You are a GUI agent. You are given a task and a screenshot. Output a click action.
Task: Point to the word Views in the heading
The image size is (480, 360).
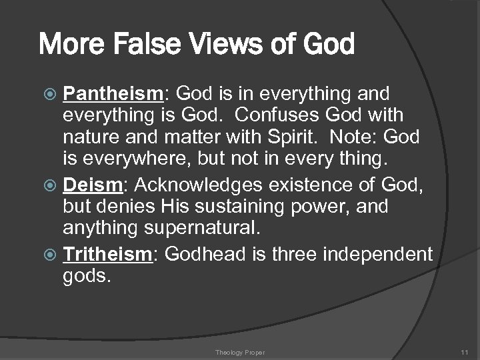(221, 45)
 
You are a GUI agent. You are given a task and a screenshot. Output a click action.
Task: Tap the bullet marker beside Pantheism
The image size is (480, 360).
(53, 93)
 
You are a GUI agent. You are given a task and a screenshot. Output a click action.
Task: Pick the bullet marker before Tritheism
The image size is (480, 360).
(53, 255)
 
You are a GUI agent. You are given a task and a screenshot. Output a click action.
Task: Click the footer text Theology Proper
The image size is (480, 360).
(240, 351)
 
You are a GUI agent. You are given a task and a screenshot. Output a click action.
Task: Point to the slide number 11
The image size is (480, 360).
(464, 351)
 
